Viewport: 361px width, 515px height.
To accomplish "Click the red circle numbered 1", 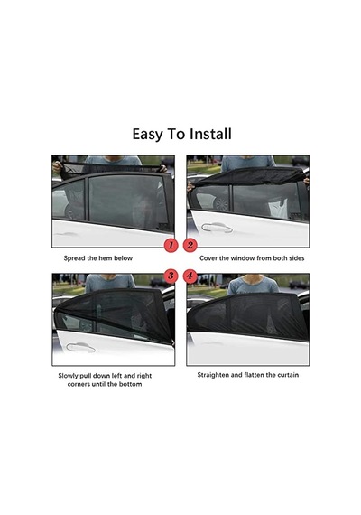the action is point(171,245).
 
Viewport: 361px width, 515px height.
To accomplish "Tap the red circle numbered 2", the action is point(190,245).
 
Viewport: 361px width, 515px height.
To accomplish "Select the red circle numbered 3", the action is point(171,276).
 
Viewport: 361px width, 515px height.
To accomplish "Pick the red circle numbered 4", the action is point(190,276).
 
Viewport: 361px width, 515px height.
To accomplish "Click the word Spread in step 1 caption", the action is point(75,258).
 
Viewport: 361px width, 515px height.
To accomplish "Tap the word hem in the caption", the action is point(105,258).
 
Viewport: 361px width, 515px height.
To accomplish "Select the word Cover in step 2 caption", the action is point(208,258).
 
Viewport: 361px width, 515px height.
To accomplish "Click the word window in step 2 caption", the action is point(243,258).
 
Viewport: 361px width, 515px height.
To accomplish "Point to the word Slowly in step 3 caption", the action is point(68,376).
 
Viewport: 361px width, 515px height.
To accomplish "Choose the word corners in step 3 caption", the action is point(79,384).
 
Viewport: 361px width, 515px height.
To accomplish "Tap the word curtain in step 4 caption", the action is point(288,375).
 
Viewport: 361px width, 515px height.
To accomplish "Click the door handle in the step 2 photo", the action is point(217,228).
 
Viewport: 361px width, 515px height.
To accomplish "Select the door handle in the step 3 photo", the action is point(80,347).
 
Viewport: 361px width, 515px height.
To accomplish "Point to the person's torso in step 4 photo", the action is point(253,286).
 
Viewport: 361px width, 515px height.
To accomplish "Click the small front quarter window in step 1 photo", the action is point(69,200).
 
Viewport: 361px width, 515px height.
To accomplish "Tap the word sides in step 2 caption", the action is point(296,258).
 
